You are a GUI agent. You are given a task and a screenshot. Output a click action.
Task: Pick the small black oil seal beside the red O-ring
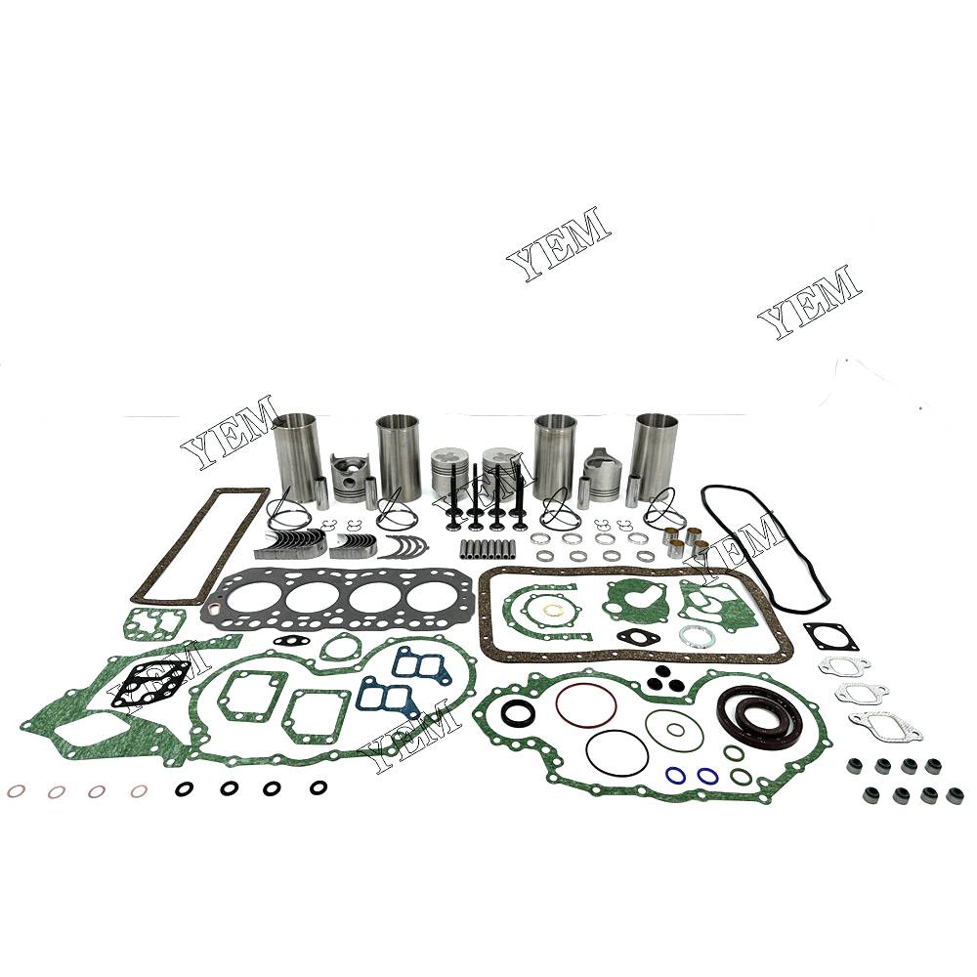pos(518,711)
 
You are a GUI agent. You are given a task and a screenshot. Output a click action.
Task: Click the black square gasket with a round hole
pos(830,636)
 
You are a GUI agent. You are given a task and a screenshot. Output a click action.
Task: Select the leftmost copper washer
pos(16,790)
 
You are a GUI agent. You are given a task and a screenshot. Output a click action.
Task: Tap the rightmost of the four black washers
pos(319,786)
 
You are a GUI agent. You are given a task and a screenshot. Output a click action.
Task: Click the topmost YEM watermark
pos(558,243)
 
